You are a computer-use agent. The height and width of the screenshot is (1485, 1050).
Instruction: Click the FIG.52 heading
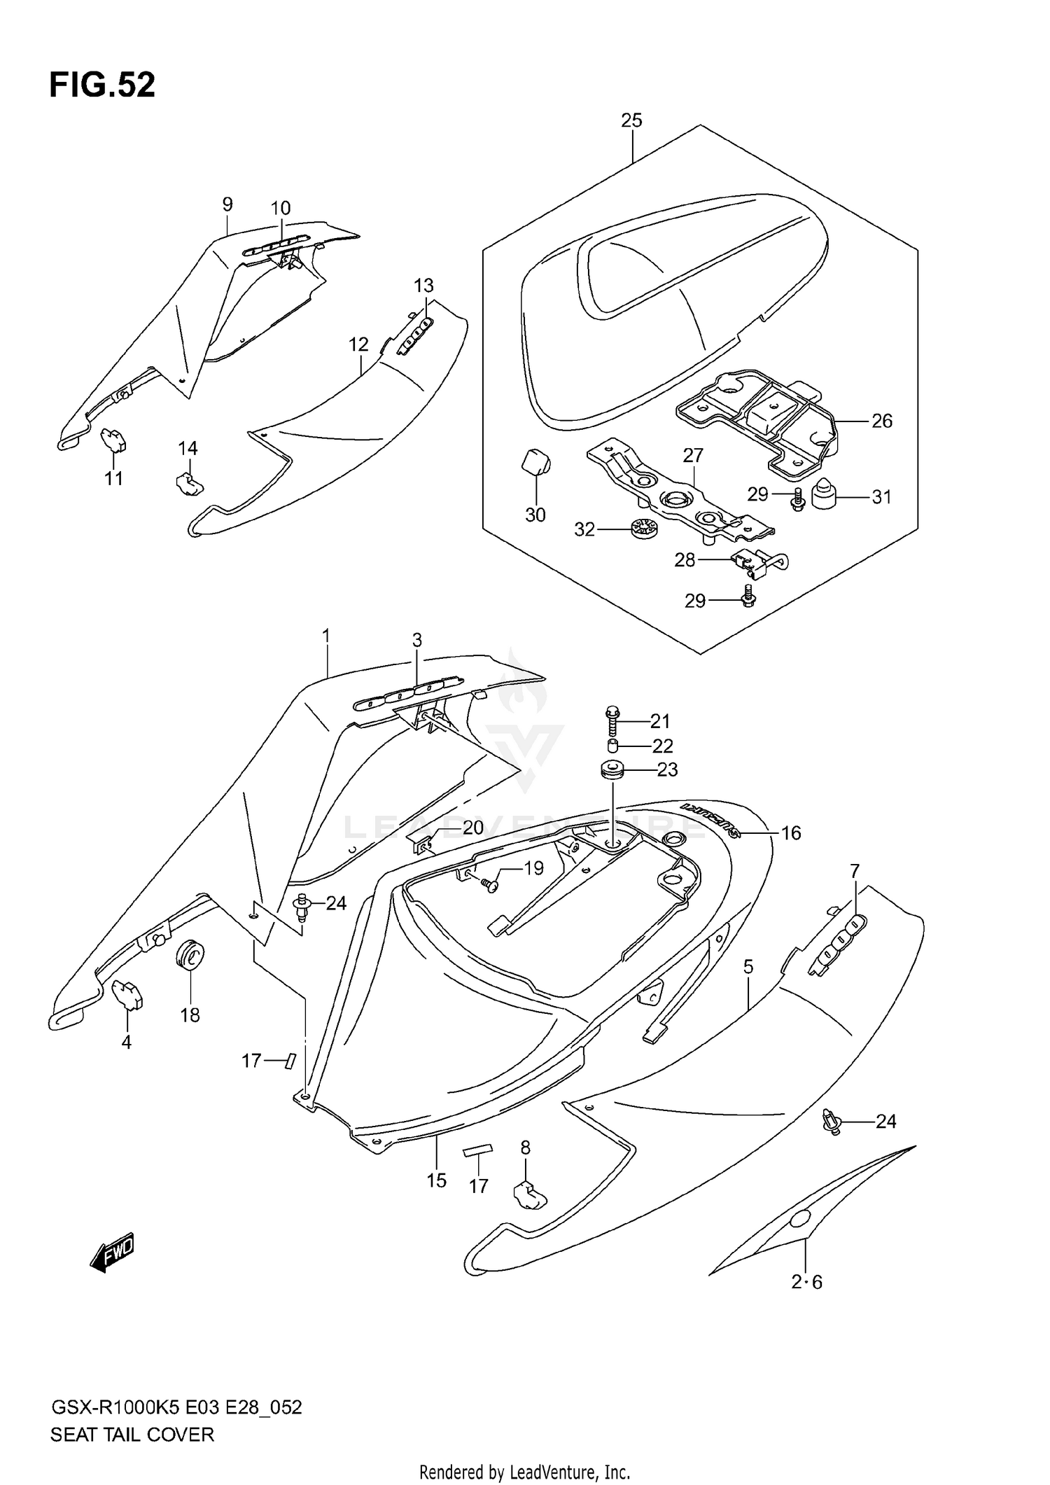tap(102, 85)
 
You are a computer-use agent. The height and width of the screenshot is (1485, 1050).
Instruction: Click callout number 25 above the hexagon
tap(631, 120)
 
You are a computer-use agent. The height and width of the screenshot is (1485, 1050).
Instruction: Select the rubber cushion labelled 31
tap(825, 495)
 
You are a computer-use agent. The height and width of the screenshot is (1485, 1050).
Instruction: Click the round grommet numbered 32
tap(641, 529)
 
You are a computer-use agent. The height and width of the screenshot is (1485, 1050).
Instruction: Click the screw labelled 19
tap(489, 886)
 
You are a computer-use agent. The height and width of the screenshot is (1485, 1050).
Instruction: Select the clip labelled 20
tap(422, 846)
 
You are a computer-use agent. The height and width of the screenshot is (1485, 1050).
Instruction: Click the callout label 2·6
tap(806, 1282)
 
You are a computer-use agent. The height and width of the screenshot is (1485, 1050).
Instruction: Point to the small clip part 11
tap(113, 439)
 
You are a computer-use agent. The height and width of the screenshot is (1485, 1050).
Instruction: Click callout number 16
tap(791, 832)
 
